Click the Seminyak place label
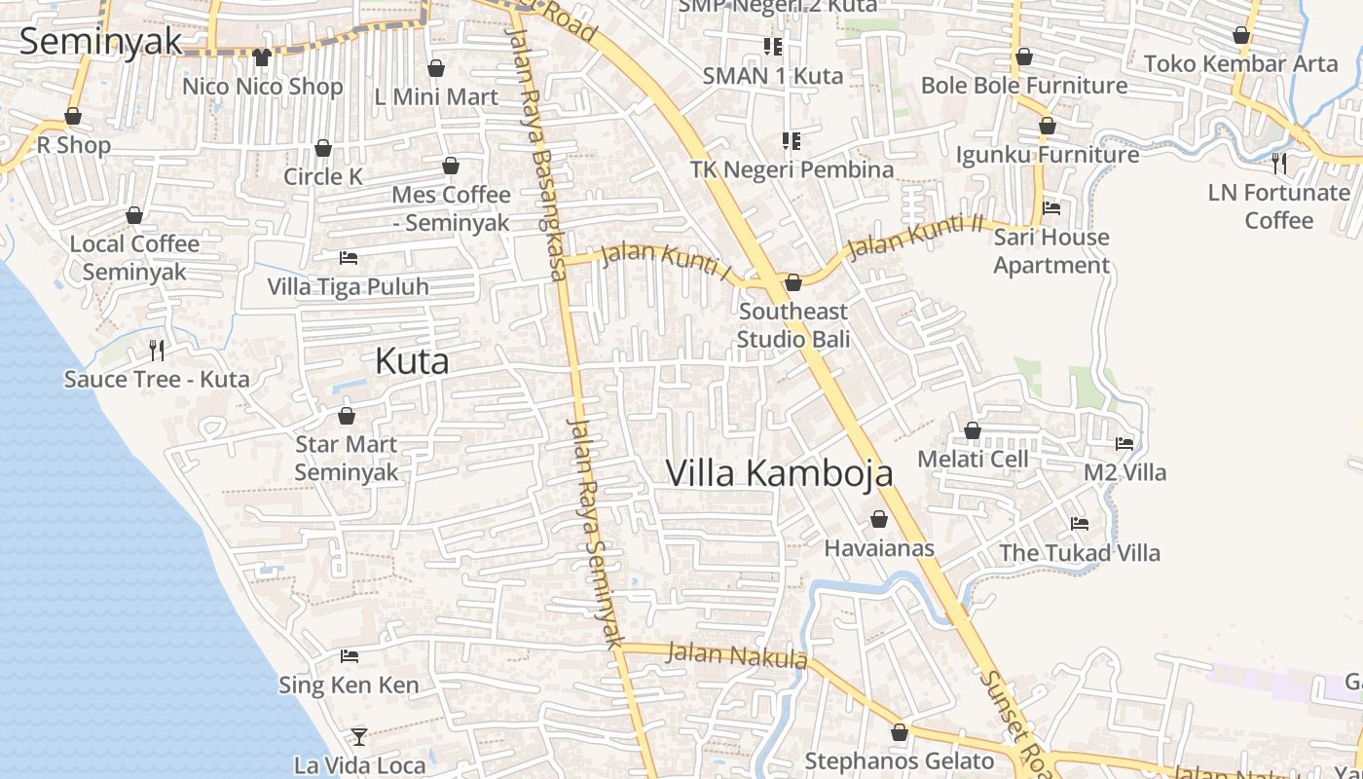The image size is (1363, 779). pyautogui.click(x=101, y=42)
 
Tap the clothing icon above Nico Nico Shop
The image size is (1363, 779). pyautogui.click(x=261, y=57)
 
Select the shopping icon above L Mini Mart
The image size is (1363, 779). pyautogui.click(x=436, y=68)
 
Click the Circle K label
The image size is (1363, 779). pyautogui.click(x=323, y=176)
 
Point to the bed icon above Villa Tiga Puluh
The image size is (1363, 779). pyautogui.click(x=348, y=258)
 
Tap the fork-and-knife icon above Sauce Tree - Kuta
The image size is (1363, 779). pyautogui.click(x=156, y=350)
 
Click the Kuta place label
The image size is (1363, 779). pyautogui.click(x=412, y=361)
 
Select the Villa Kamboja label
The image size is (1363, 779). pyautogui.click(x=779, y=473)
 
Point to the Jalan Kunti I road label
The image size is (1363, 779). pyautogui.click(x=666, y=261)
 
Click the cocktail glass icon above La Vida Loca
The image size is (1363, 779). pyautogui.click(x=358, y=736)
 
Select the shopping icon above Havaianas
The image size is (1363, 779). pyautogui.click(x=879, y=519)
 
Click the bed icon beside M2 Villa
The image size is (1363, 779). pyautogui.click(x=1124, y=443)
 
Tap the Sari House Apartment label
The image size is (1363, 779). pyautogui.click(x=1051, y=251)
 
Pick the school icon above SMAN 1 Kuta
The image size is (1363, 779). pyautogui.click(x=773, y=46)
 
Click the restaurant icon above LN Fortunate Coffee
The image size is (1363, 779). pyautogui.click(x=1279, y=163)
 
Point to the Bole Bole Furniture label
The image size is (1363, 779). pyautogui.click(x=1024, y=86)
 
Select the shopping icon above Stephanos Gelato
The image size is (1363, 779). pyautogui.click(x=900, y=731)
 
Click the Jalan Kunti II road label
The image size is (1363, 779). pyautogui.click(x=915, y=237)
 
